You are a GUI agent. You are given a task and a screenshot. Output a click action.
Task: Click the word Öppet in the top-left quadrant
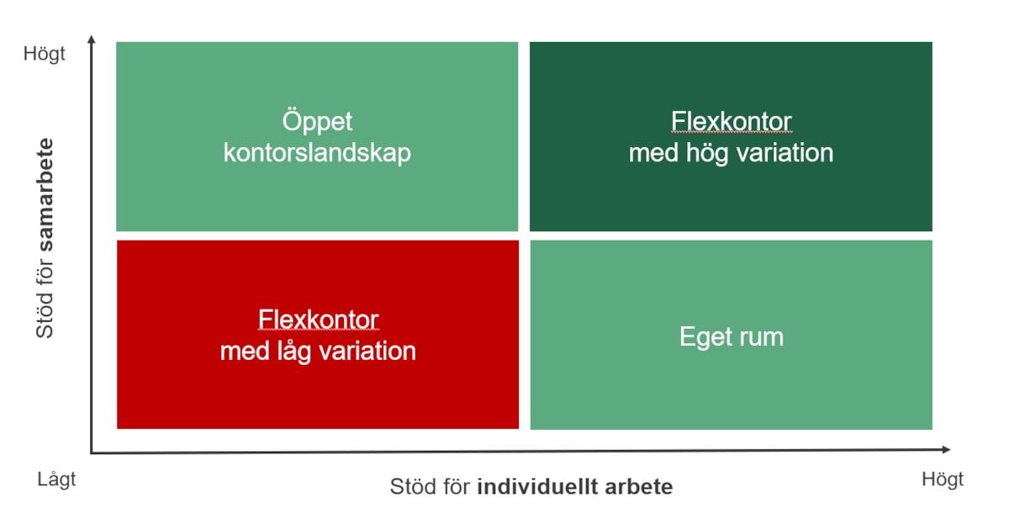pyautogui.click(x=317, y=122)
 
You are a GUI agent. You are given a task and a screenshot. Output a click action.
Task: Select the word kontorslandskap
pyautogui.click(x=317, y=153)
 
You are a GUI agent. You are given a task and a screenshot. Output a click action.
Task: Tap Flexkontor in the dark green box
pyautogui.click(x=731, y=121)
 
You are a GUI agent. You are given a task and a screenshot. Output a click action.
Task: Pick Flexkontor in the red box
pyautogui.click(x=318, y=320)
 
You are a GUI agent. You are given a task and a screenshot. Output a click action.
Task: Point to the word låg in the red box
pyautogui.click(x=293, y=352)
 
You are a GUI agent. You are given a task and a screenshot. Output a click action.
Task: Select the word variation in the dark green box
pyautogui.click(x=785, y=153)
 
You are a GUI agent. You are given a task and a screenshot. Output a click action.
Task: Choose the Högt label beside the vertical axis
pyautogui.click(x=44, y=54)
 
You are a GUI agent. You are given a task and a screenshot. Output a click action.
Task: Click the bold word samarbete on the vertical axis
pyautogui.click(x=45, y=194)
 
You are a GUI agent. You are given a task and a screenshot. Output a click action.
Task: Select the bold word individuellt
pyautogui.click(x=537, y=487)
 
